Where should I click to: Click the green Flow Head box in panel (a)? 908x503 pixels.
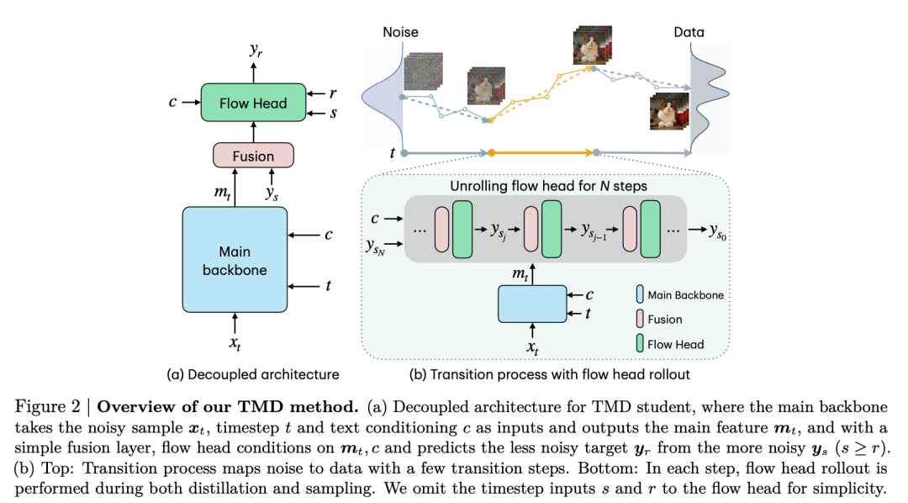252,103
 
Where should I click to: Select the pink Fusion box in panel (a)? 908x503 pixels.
252,156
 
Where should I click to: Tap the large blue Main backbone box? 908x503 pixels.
235,259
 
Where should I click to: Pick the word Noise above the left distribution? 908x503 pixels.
400,33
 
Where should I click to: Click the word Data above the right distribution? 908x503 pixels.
689,33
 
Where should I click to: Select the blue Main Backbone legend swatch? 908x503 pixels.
640,295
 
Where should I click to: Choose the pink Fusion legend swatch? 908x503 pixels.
640,320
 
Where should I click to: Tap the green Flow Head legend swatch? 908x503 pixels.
640,343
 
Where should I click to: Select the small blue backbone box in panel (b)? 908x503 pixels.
532,304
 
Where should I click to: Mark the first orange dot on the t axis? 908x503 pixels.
490,153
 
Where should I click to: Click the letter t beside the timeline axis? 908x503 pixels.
393,153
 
